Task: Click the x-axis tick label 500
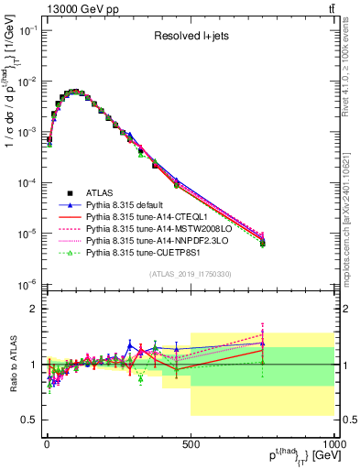pos(191,445)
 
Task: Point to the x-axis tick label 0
pos(46,445)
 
